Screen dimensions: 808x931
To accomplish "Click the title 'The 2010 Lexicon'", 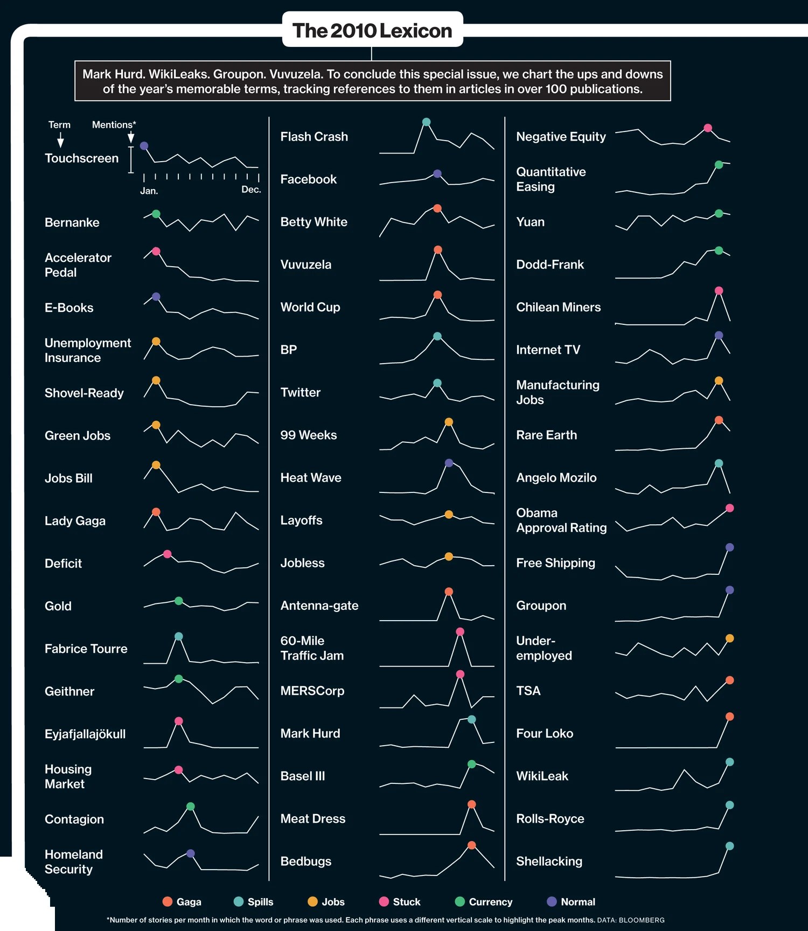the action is coord(372,31).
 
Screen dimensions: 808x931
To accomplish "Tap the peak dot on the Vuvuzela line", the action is coord(438,249).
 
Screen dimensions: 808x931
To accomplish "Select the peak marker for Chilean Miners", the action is coord(719,290).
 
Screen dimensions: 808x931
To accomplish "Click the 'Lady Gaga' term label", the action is coord(75,521).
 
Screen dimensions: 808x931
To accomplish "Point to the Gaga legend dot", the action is coord(168,901).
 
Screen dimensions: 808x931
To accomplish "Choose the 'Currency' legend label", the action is coord(491,902).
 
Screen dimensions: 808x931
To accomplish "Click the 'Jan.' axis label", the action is coord(149,191).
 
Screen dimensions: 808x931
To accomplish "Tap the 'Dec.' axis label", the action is coord(251,190).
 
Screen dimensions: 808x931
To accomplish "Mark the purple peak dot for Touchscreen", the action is coord(144,145).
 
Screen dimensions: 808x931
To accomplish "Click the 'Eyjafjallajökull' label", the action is coord(85,734).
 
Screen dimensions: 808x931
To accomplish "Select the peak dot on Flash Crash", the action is coord(426,122).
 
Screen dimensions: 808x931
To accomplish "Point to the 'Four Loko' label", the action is coord(545,733).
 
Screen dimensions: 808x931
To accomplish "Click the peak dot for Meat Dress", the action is coord(472,804).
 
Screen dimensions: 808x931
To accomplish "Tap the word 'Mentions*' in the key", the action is coord(114,124).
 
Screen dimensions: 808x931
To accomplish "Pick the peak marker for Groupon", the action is coord(730,590).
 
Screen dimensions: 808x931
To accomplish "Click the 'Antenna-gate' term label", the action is coord(319,606).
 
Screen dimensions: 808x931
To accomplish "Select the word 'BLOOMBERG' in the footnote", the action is coord(642,920).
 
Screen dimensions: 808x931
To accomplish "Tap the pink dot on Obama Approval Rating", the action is coord(730,508).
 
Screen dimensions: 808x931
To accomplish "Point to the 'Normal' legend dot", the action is coord(552,901).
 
